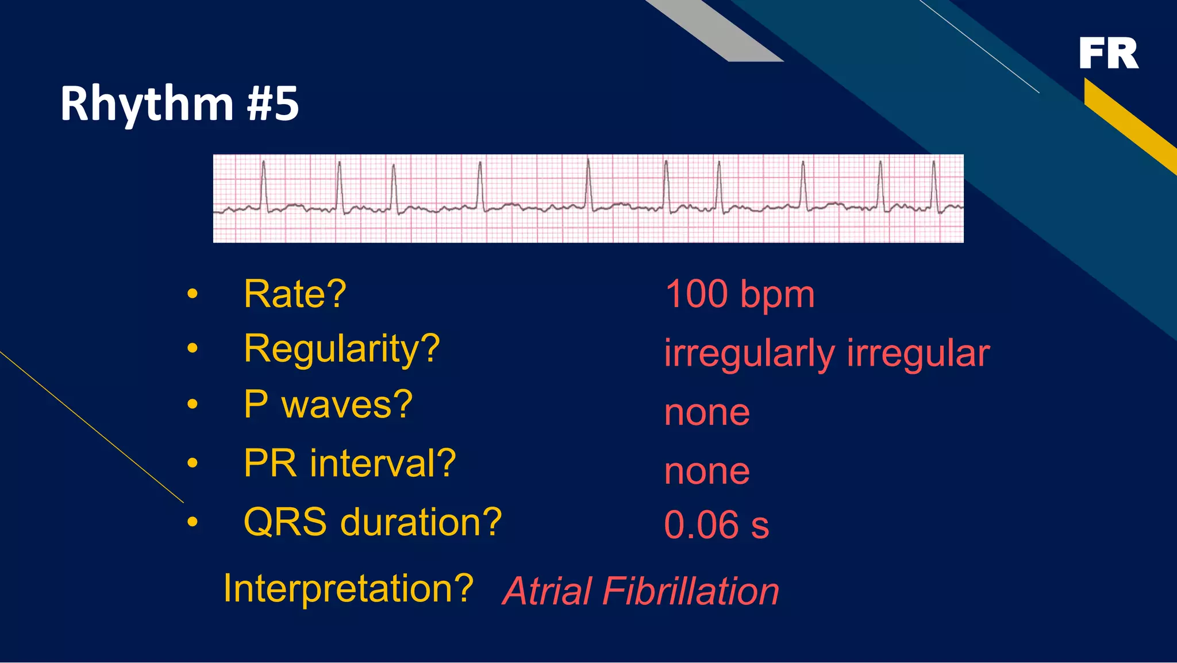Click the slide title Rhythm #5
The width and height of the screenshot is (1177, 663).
click(x=179, y=104)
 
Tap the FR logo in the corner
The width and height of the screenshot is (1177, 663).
click(x=1108, y=53)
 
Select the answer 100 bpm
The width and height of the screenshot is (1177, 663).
click(x=740, y=294)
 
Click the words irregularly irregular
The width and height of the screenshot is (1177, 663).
click(x=826, y=353)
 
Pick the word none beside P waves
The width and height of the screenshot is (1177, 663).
click(x=707, y=412)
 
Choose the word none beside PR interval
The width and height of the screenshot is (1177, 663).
click(x=707, y=472)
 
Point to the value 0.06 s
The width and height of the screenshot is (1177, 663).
click(x=716, y=525)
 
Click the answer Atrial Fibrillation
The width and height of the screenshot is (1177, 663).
click(x=641, y=591)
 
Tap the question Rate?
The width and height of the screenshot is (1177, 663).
click(x=295, y=294)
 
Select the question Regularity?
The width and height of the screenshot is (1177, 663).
click(x=341, y=348)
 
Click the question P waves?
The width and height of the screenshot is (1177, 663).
click(x=328, y=404)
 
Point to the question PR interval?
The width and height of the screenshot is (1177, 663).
click(x=349, y=463)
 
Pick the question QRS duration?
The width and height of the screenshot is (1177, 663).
click(x=372, y=522)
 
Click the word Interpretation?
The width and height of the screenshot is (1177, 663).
click(x=348, y=588)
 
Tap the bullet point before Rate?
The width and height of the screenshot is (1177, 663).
click(x=193, y=294)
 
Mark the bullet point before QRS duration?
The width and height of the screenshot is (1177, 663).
click(x=193, y=522)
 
